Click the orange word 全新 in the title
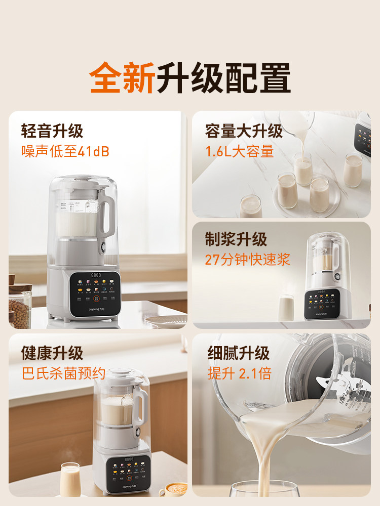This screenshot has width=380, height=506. point(122,78)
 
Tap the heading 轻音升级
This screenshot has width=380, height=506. point(52,132)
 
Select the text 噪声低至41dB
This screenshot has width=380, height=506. point(65,151)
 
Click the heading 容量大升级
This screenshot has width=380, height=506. point(244,132)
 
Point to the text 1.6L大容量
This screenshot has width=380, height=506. point(239,151)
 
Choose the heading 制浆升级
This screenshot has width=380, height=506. point(236,240)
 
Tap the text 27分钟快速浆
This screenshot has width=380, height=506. point(247,260)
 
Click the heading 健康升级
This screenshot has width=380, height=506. point(52,353)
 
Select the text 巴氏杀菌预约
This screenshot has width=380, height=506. point(63,373)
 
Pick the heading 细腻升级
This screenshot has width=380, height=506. point(238,353)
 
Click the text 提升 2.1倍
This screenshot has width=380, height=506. point(239,373)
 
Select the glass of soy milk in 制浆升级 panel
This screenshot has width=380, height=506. point(286,307)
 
